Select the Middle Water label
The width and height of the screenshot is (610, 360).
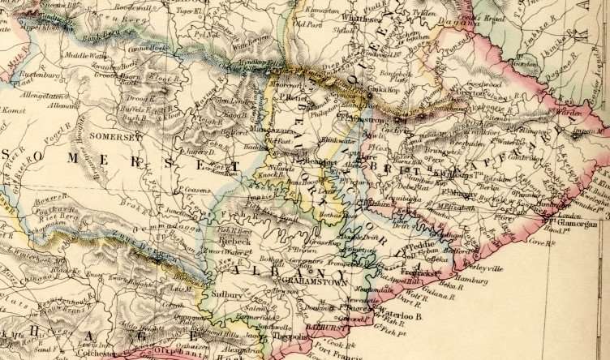coord(87,56)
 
